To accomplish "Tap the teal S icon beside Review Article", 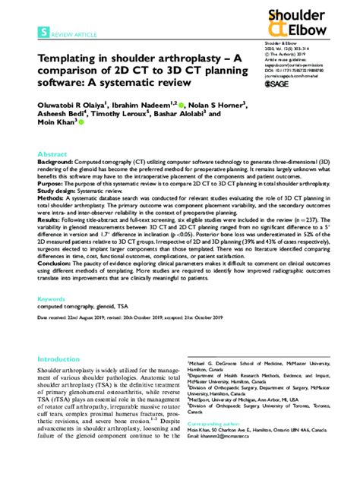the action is point(45,33).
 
